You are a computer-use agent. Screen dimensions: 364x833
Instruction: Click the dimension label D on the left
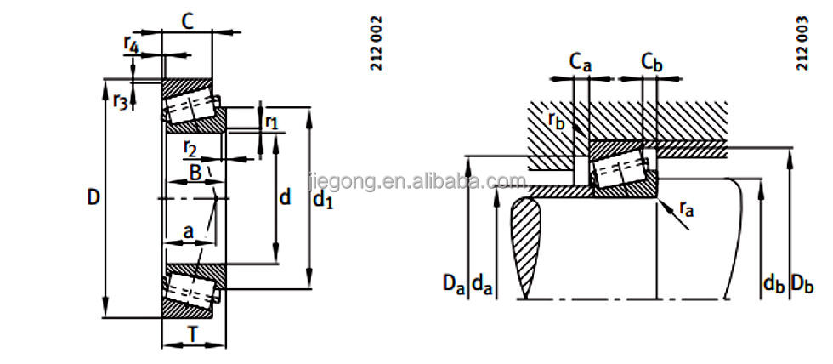click(x=93, y=198)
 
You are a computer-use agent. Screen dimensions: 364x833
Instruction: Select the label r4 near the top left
click(x=131, y=42)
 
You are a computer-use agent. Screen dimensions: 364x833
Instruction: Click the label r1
click(x=271, y=122)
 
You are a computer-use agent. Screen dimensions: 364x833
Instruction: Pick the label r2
click(x=190, y=151)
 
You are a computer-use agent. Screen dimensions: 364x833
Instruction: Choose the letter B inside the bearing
click(x=195, y=173)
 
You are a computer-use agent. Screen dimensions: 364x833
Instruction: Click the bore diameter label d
click(x=285, y=198)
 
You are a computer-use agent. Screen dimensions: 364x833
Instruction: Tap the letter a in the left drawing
click(x=187, y=230)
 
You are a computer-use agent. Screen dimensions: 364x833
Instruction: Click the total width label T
click(x=194, y=335)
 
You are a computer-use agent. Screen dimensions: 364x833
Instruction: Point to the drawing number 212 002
click(x=377, y=43)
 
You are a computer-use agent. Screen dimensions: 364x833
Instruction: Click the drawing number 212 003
click(x=801, y=43)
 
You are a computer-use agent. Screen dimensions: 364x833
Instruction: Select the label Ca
click(x=579, y=61)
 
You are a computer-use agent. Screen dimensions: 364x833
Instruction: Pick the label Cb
click(x=651, y=61)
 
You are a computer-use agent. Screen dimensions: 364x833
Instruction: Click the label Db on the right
click(x=802, y=283)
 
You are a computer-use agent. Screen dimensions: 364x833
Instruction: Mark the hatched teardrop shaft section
click(x=525, y=247)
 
